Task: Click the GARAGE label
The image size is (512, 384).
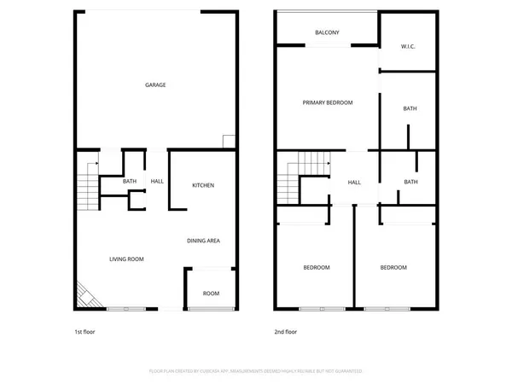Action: click(x=154, y=84)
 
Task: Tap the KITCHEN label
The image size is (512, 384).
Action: click(x=202, y=185)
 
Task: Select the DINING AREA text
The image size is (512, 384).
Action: click(x=203, y=241)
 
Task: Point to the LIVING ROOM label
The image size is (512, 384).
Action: click(x=125, y=259)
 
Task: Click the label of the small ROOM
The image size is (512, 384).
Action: click(x=210, y=294)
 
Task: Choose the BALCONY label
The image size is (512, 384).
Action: click(x=327, y=32)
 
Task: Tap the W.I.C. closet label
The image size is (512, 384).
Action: click(x=407, y=47)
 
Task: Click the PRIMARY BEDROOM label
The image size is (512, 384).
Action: click(x=327, y=102)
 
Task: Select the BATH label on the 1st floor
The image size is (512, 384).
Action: click(x=129, y=181)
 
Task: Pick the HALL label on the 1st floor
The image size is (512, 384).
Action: click(x=157, y=181)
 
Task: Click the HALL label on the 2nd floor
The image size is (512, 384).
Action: click(x=354, y=182)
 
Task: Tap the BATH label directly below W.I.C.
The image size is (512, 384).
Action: click(x=410, y=108)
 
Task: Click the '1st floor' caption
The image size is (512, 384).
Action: click(x=84, y=331)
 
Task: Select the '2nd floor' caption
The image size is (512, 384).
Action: click(x=285, y=331)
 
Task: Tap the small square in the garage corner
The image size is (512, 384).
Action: click(x=228, y=141)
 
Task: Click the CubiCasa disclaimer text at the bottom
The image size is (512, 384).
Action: click(x=256, y=371)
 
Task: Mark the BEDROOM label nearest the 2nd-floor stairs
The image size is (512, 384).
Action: click(x=316, y=268)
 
